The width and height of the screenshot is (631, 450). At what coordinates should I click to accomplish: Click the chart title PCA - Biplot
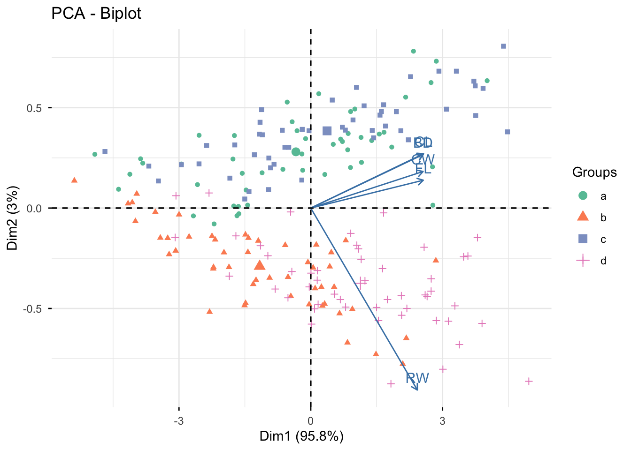point(96,14)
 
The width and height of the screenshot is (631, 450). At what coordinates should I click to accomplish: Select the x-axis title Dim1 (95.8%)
point(301,436)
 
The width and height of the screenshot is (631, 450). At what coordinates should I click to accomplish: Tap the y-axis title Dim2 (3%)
point(12,218)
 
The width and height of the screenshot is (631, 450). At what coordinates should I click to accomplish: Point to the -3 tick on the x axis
point(179,420)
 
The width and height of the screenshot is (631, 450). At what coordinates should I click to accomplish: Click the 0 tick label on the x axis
point(310,420)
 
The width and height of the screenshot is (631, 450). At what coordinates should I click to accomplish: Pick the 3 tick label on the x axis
point(442,420)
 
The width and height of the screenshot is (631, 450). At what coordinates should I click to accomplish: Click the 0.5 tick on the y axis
point(34,108)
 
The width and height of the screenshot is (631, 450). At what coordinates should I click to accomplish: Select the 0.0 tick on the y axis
point(34,208)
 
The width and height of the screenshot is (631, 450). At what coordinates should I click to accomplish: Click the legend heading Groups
point(594,172)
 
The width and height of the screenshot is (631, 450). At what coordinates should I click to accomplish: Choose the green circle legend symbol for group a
point(583,195)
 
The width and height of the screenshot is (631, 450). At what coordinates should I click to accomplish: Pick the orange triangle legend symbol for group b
point(583,217)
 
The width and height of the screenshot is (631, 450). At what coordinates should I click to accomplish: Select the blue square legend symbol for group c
point(583,239)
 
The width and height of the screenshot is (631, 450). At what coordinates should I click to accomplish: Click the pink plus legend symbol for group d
point(583,261)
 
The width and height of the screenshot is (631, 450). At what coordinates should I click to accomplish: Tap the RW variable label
point(417,378)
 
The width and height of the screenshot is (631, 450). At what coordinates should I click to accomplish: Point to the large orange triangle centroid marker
point(260,265)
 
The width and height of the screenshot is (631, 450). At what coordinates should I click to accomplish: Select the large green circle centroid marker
point(296,151)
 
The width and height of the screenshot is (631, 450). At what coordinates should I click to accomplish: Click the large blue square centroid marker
point(327,131)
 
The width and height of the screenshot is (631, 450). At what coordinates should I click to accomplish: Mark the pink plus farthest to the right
point(529,382)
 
